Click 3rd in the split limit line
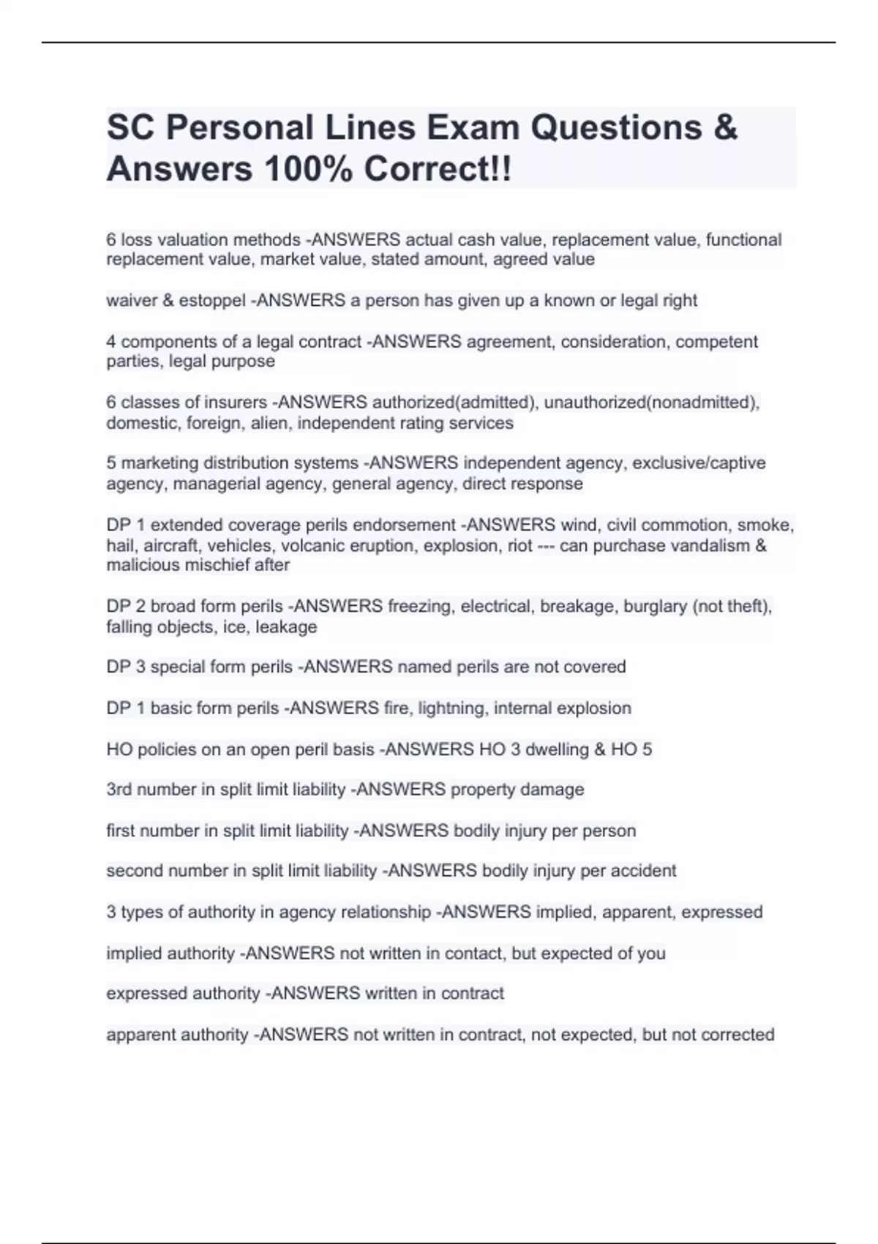pyautogui.click(x=119, y=790)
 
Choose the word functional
pyautogui.click(x=743, y=240)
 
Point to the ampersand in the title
pyautogui.click(x=724, y=127)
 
